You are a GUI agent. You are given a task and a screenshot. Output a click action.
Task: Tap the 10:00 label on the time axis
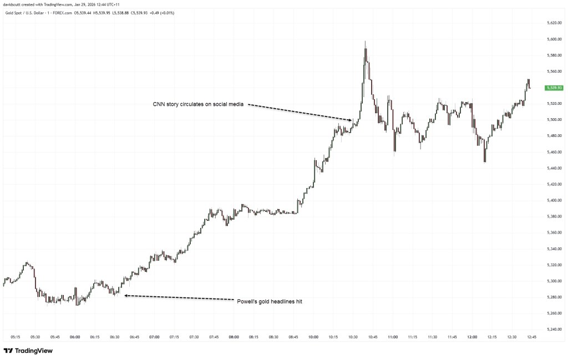pos(313,336)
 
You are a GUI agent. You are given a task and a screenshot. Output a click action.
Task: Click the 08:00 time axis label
pos(234,336)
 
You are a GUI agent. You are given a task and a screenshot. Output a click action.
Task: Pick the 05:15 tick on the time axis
pos(16,336)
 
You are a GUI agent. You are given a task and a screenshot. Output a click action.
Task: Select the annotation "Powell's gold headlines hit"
pos(269,301)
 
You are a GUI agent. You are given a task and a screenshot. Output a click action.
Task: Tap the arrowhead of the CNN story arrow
pos(351,120)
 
